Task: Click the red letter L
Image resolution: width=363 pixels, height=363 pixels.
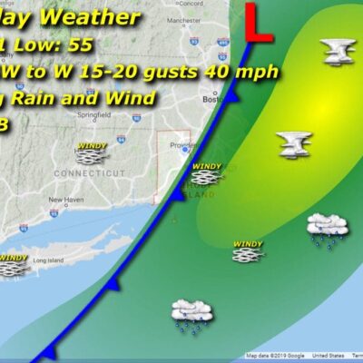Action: click(x=260, y=23)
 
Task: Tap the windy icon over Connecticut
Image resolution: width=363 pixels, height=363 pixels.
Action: click(x=92, y=152)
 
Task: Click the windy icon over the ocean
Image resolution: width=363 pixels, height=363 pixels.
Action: click(x=248, y=251)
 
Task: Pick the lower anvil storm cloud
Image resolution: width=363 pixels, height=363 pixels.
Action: click(x=294, y=142)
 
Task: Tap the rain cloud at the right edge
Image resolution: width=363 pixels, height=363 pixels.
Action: click(x=324, y=227)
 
